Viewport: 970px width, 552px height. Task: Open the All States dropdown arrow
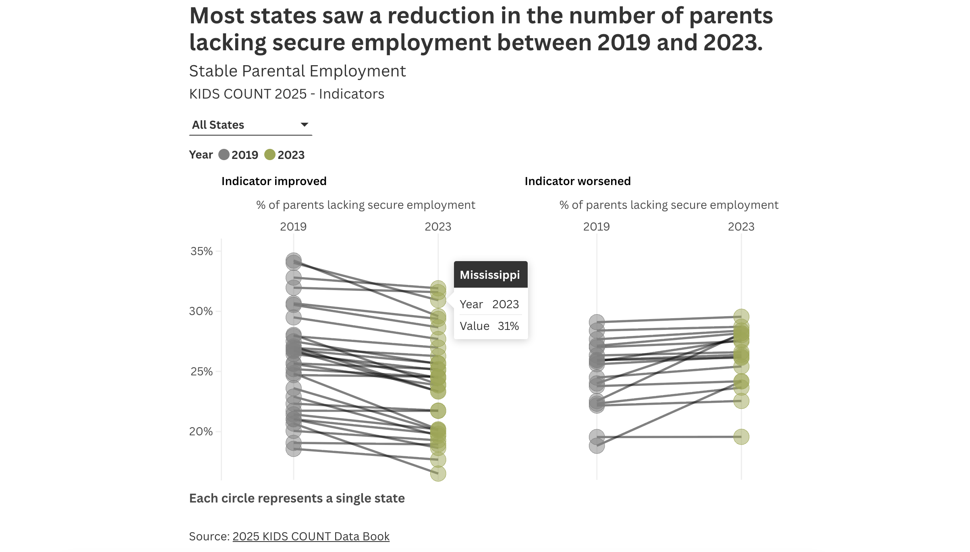tap(305, 125)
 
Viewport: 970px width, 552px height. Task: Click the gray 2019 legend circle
tap(224, 155)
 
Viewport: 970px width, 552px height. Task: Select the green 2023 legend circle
tap(270, 155)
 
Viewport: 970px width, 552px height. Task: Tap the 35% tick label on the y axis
tap(201, 251)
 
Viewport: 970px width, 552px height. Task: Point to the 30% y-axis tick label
tap(201, 311)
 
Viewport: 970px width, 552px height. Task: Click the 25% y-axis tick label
tap(201, 372)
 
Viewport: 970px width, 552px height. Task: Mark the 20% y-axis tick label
tap(201, 432)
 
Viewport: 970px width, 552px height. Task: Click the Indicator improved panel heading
tap(274, 181)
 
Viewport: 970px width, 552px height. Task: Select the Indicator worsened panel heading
tap(577, 181)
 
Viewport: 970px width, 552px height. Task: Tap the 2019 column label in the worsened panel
tap(596, 227)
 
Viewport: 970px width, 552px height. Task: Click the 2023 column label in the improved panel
tap(438, 227)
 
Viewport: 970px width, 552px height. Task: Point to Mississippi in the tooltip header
tap(490, 275)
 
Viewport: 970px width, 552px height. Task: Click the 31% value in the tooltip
tap(508, 326)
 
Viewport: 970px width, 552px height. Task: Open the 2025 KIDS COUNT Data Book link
tap(311, 536)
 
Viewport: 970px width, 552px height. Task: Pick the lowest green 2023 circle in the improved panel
tap(438, 474)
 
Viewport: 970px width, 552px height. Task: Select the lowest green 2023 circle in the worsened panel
tap(741, 437)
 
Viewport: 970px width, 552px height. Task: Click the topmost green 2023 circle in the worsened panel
tap(741, 317)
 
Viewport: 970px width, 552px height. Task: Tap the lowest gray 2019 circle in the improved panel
tap(294, 449)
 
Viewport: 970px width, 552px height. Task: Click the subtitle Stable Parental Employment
tap(297, 71)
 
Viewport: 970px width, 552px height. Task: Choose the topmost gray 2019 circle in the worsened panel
tap(597, 322)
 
